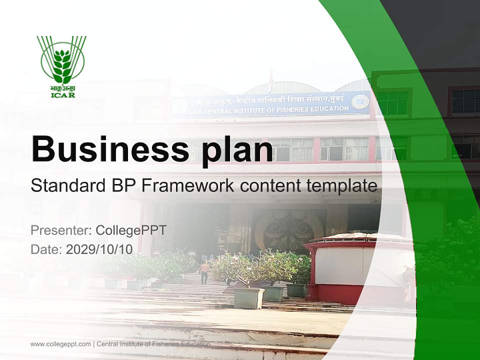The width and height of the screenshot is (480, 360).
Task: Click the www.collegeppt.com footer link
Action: coord(60,344)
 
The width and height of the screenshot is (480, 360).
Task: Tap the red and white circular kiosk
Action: coord(345,267)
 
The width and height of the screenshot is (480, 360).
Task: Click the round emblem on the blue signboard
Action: coord(360,101)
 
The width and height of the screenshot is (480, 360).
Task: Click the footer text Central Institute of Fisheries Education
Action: coord(153,344)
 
